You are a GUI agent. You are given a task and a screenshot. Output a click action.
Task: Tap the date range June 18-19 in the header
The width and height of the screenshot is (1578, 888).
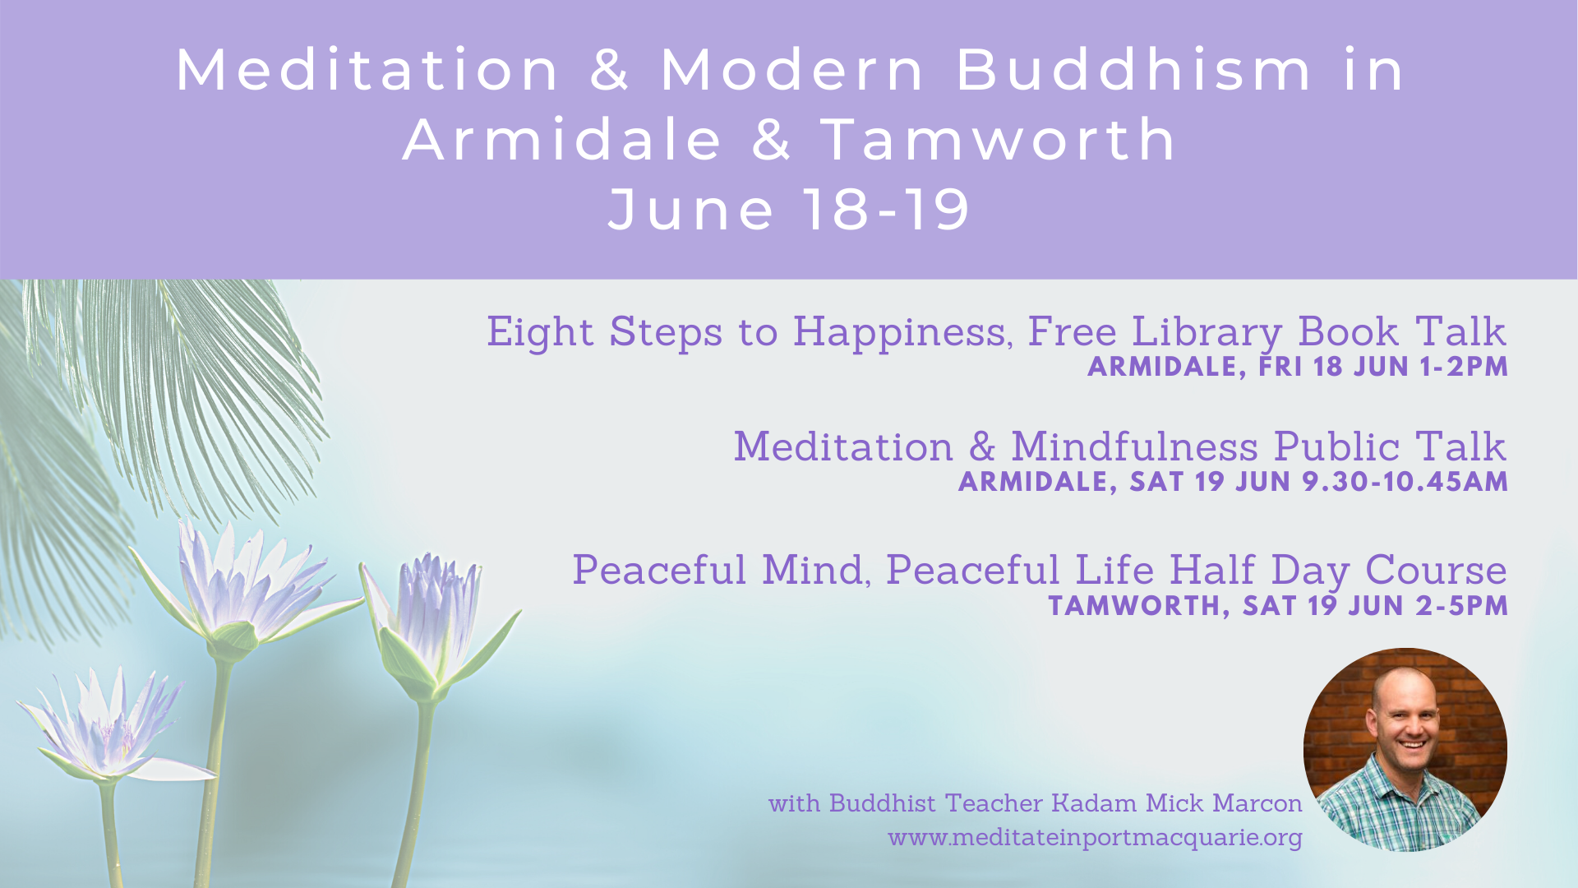[x=790, y=209]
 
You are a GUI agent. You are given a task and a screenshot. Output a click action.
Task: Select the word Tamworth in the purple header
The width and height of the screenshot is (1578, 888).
[x=999, y=139]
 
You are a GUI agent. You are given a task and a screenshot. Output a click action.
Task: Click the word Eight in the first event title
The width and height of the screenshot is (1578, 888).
[x=540, y=332]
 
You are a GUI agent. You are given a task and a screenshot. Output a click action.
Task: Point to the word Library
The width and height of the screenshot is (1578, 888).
[x=1207, y=333]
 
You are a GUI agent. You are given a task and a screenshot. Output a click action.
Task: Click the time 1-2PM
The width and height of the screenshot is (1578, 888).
[x=1464, y=367]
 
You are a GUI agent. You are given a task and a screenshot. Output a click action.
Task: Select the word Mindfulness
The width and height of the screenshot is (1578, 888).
[x=1134, y=447]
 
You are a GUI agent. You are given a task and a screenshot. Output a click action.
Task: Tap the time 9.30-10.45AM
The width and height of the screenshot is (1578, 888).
[x=1405, y=482]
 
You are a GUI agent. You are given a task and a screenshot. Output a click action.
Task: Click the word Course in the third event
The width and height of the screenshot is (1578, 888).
[x=1436, y=571]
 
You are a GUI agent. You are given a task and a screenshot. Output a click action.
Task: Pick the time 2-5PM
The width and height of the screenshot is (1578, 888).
[x=1462, y=606]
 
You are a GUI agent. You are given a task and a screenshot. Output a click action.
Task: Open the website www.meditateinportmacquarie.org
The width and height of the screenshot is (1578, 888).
[x=1095, y=838]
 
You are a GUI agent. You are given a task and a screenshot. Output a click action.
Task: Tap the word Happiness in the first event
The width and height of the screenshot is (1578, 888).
[x=902, y=333]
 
